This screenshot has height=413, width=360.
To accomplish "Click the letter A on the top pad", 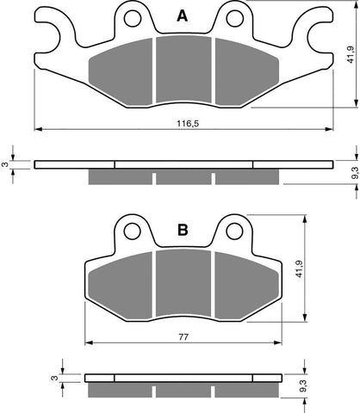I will coord(182,15).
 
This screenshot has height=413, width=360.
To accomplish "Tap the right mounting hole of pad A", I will coord(232,18).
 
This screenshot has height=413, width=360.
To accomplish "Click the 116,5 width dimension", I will coord(183,125).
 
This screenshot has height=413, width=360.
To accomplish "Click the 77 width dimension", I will coord(183,338).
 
